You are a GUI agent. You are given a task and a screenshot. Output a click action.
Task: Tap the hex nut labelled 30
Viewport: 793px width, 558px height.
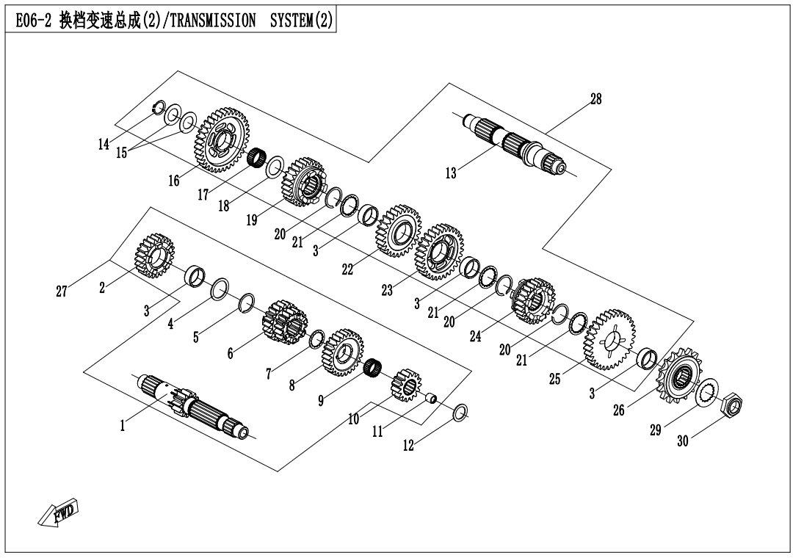click(x=734, y=405)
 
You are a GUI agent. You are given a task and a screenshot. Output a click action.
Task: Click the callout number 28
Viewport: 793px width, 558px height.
click(x=595, y=100)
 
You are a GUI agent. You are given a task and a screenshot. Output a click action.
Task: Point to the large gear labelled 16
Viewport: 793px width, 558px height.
click(x=222, y=140)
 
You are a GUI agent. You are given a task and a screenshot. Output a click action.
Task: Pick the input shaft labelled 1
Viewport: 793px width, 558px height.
click(x=194, y=407)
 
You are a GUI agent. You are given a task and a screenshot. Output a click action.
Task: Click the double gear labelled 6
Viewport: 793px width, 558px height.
click(x=283, y=322)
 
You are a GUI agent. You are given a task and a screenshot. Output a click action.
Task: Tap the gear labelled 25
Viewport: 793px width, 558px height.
click(x=609, y=340)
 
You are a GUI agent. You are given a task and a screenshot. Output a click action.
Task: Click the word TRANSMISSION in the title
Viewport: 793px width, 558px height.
click(x=212, y=22)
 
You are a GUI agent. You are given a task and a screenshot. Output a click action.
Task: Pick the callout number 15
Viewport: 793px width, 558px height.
click(x=121, y=153)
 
